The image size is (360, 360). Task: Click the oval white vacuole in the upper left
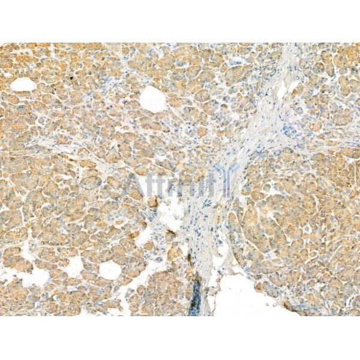pos(23,85)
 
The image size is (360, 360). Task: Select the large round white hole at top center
pos(153,99)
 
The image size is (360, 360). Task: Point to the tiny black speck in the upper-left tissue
pos(73,77)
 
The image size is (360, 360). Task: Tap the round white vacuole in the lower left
pos(110,270)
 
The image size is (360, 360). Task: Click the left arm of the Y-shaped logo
pos(220,171)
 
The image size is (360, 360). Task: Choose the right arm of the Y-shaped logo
pos(235,171)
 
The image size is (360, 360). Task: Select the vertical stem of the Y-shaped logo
pos(227,187)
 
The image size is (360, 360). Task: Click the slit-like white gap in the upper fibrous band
pos(282,90)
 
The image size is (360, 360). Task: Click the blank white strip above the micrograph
pos(180,21)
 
